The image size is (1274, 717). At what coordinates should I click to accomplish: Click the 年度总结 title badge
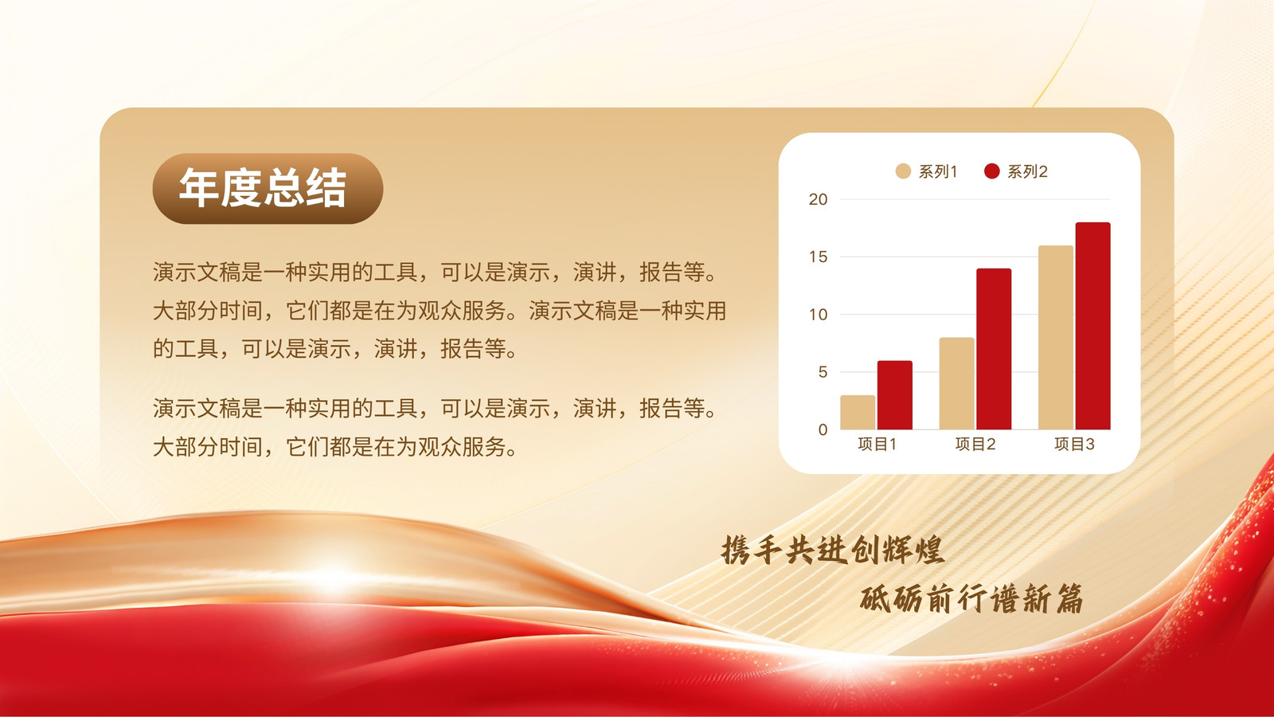268,188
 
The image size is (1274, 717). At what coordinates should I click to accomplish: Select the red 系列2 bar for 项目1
895,395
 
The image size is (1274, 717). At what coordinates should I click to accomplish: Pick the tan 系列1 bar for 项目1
858,412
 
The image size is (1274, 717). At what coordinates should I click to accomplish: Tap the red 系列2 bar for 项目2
994,349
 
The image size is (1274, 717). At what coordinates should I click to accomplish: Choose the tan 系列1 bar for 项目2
956,383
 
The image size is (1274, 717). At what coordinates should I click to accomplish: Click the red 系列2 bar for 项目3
1092,326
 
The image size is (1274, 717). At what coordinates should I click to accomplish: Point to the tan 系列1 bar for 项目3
1056,338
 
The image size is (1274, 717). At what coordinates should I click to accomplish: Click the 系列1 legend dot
903,171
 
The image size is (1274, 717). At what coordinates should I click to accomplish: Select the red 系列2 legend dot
992,171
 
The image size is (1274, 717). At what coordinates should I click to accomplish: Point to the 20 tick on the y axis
818,199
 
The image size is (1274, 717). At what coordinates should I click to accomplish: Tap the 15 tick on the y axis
818,257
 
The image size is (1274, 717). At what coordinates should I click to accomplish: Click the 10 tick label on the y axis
818,314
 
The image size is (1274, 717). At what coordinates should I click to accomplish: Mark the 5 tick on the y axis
823,372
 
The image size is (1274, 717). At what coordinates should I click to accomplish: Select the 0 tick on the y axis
823,429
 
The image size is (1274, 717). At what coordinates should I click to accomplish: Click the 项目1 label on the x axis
877,444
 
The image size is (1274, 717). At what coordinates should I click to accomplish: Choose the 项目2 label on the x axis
975,444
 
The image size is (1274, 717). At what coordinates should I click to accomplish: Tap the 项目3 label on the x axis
1074,444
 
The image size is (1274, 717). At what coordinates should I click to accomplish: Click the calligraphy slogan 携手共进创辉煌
833,550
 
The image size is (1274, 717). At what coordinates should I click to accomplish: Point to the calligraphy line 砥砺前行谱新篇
971,598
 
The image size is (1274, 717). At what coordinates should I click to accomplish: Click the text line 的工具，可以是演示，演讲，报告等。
335,349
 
